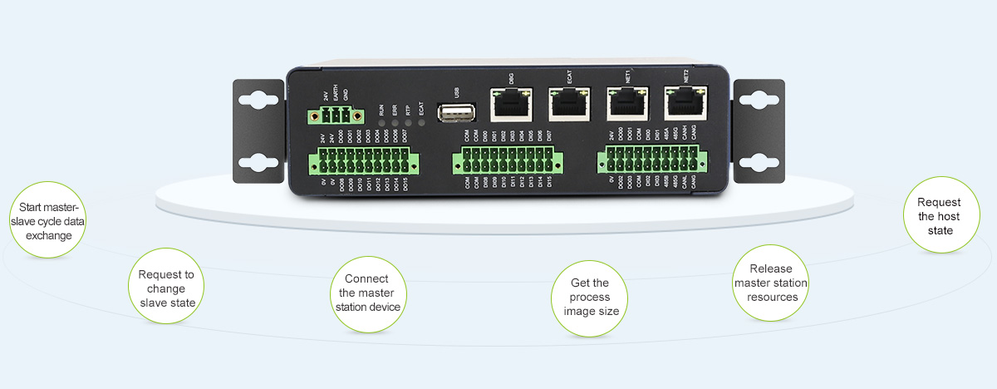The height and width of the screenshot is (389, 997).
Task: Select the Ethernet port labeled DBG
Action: (x=507, y=104)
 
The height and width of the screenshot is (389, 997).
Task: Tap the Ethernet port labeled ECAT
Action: (x=568, y=104)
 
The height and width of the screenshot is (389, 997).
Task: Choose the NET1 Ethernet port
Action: (x=625, y=104)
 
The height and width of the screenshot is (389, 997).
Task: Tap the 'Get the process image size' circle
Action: (x=589, y=297)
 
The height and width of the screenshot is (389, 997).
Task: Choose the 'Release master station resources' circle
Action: (x=771, y=283)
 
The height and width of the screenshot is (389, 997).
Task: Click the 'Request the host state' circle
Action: (x=940, y=216)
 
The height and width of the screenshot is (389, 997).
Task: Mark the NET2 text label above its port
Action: (x=685, y=75)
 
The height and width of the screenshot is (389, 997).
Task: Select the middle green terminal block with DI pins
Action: (x=503, y=160)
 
